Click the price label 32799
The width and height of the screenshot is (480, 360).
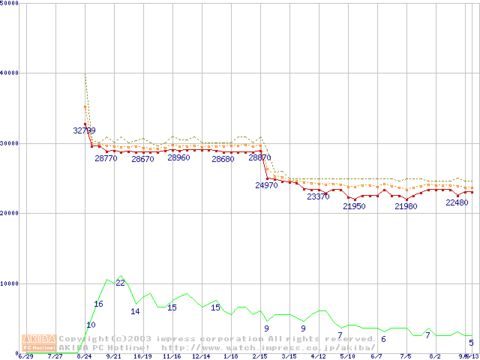(x=85, y=130)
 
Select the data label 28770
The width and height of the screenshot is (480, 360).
(x=106, y=159)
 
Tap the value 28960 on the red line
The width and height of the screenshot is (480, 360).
(x=178, y=158)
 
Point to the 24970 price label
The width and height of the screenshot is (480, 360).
(x=267, y=185)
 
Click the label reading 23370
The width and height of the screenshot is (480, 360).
(x=318, y=197)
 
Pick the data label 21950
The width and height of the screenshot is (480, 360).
(x=354, y=206)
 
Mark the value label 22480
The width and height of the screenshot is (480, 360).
(x=457, y=202)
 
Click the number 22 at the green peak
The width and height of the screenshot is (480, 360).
(x=120, y=283)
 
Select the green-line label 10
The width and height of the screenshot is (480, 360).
(x=91, y=325)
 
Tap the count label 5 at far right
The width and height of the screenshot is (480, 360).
(x=472, y=343)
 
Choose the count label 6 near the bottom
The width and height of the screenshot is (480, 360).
(x=383, y=340)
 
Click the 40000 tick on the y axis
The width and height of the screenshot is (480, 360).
(x=10, y=73)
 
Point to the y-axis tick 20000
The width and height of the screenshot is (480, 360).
(x=10, y=213)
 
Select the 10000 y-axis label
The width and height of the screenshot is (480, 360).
(x=10, y=283)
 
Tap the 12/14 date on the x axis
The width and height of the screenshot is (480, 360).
(x=201, y=357)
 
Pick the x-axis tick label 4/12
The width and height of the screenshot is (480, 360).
(x=318, y=357)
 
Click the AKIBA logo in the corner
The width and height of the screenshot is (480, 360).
(x=38, y=342)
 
